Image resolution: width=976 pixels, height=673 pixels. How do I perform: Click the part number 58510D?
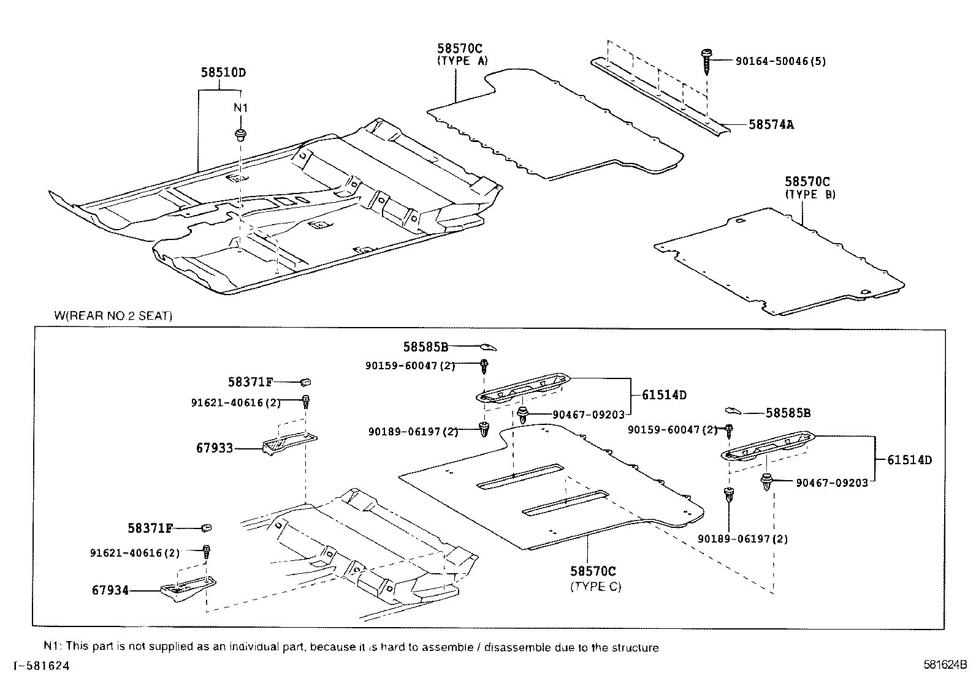(x=223, y=72)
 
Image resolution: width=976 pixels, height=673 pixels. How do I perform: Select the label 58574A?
(x=771, y=125)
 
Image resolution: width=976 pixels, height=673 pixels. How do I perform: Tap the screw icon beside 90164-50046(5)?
(x=707, y=61)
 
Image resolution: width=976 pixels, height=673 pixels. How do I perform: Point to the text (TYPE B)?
(x=810, y=195)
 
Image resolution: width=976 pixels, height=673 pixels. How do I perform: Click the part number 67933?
(x=215, y=448)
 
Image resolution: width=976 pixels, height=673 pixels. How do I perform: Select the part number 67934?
(x=110, y=590)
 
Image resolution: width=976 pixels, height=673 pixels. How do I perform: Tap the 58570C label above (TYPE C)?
(x=593, y=571)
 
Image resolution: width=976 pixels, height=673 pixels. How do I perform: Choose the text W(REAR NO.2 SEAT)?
(x=113, y=317)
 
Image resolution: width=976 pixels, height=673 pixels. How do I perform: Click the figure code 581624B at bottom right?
(x=945, y=664)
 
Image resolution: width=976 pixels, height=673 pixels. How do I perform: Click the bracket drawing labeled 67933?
(x=288, y=443)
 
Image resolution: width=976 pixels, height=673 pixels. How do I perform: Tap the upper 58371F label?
(x=250, y=382)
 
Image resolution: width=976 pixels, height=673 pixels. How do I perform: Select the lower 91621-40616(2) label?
(x=135, y=553)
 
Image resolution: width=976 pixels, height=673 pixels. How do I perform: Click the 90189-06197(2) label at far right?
(x=742, y=539)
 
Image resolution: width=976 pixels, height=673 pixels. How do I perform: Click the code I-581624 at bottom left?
(x=38, y=665)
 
